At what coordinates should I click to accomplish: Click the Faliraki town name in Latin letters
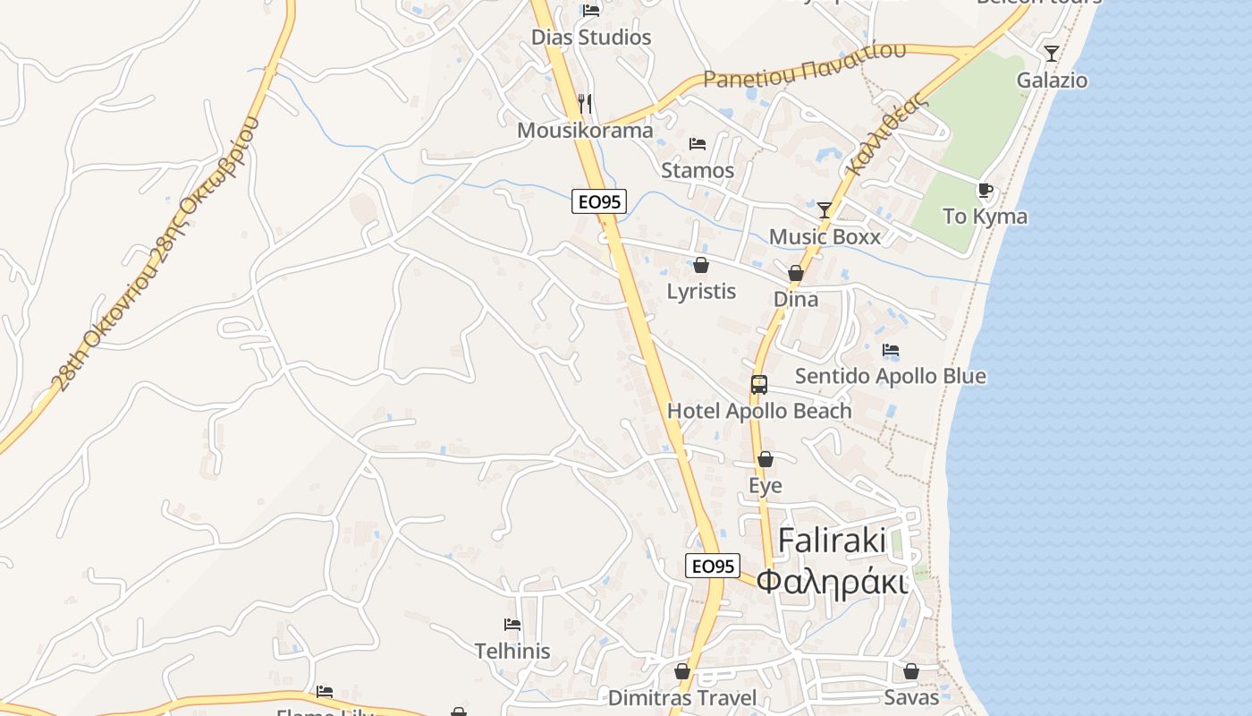(x=832, y=541)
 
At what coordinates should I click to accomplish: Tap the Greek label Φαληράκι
(x=832, y=582)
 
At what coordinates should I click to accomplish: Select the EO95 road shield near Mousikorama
(x=598, y=202)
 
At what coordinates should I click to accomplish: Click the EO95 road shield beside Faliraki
(x=713, y=566)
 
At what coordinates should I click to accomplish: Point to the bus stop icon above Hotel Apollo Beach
(x=759, y=385)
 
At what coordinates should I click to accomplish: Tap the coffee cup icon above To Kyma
(x=985, y=191)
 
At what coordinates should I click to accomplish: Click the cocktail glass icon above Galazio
(x=1052, y=54)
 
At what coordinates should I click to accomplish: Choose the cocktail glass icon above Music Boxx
(x=825, y=210)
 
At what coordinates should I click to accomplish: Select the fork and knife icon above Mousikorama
(x=585, y=104)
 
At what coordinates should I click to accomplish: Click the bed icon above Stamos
(x=698, y=144)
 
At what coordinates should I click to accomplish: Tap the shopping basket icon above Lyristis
(x=701, y=265)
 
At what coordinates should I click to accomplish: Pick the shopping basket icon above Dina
(x=795, y=273)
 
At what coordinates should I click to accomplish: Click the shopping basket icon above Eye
(x=766, y=459)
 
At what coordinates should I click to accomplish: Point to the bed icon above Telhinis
(x=512, y=625)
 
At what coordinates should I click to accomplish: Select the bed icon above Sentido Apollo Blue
(x=891, y=350)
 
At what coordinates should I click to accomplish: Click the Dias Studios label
(x=591, y=38)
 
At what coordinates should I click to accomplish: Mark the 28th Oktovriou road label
(x=156, y=255)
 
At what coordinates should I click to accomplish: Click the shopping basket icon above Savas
(x=911, y=671)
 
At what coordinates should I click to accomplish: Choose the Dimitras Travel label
(x=682, y=697)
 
